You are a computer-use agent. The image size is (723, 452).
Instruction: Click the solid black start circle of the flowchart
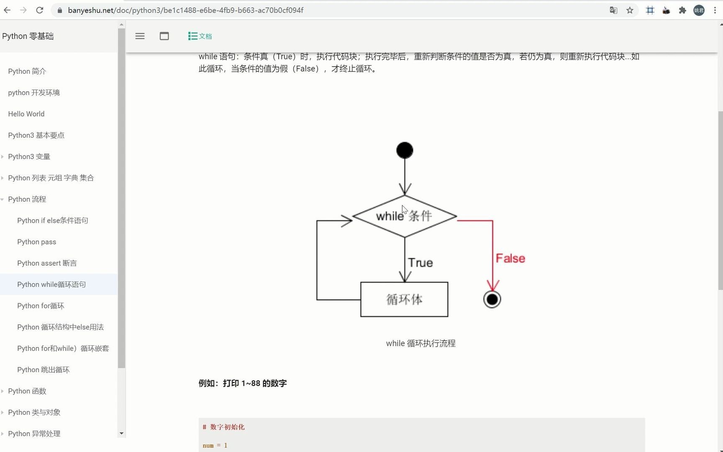405,150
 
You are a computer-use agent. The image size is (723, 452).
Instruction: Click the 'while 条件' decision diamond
404,216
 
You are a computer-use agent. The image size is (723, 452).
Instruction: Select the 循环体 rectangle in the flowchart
404,299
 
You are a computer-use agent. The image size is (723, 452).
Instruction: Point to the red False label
510,258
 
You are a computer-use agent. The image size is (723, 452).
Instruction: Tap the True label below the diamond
420,262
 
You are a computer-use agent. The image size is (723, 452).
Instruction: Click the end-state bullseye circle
492,299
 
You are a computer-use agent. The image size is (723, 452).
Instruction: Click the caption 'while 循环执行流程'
420,343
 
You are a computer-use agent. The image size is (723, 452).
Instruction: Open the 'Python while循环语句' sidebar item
51,285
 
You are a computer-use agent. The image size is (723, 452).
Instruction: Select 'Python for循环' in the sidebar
41,306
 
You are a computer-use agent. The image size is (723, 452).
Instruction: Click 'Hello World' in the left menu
26,114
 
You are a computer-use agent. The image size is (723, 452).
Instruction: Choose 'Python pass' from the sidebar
37,242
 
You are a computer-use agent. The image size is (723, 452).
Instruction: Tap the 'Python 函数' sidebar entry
27,391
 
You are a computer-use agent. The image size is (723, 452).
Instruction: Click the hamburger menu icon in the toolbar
140,36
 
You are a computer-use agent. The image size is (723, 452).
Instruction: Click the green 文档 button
200,36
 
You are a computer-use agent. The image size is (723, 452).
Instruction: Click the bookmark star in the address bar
630,10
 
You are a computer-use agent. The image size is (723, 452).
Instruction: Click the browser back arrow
7,10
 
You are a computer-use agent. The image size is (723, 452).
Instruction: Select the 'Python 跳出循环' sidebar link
44,370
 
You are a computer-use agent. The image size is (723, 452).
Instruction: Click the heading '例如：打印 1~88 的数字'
243,383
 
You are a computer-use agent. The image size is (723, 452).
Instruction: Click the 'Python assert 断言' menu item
47,263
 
